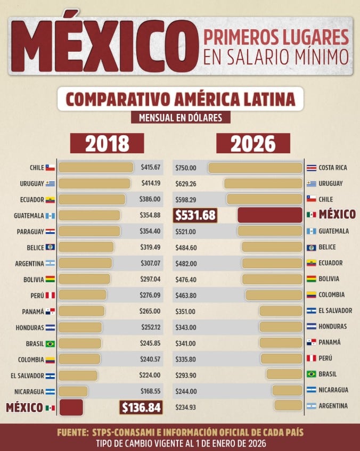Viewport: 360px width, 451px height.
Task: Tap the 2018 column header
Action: point(107,144)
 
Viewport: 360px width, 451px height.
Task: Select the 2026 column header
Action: point(253,144)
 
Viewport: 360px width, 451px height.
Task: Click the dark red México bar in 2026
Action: point(269,215)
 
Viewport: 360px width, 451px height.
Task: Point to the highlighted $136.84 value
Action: point(141,407)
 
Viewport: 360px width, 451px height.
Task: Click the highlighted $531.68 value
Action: point(195,215)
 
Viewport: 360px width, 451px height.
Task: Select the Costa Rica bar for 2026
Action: point(255,168)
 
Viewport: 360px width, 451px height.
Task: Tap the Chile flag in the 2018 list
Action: point(50,168)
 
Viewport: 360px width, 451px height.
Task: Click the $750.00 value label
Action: point(186,168)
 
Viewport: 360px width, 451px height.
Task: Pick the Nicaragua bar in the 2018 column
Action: point(73,391)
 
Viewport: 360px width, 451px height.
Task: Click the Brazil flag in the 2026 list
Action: point(311,374)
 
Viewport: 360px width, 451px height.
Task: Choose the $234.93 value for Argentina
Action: point(186,406)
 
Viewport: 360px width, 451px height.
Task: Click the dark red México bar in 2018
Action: point(71,407)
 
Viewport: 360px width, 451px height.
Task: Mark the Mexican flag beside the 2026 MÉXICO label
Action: point(311,215)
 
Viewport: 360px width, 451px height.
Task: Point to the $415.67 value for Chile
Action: point(151,168)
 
